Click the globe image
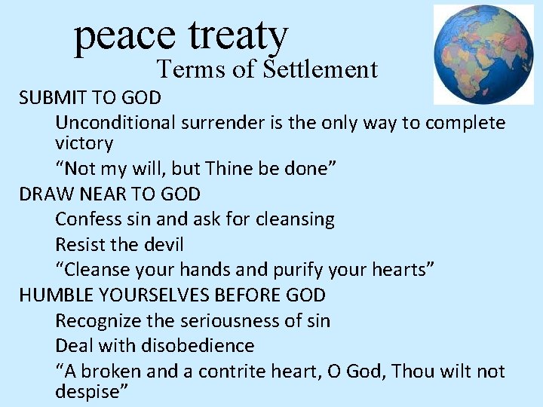click(x=483, y=54)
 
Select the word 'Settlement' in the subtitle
click(x=321, y=70)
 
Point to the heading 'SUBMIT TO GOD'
click(x=90, y=97)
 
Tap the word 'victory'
click(x=84, y=143)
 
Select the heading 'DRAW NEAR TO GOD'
click(x=110, y=194)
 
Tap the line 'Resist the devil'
click(x=119, y=245)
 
